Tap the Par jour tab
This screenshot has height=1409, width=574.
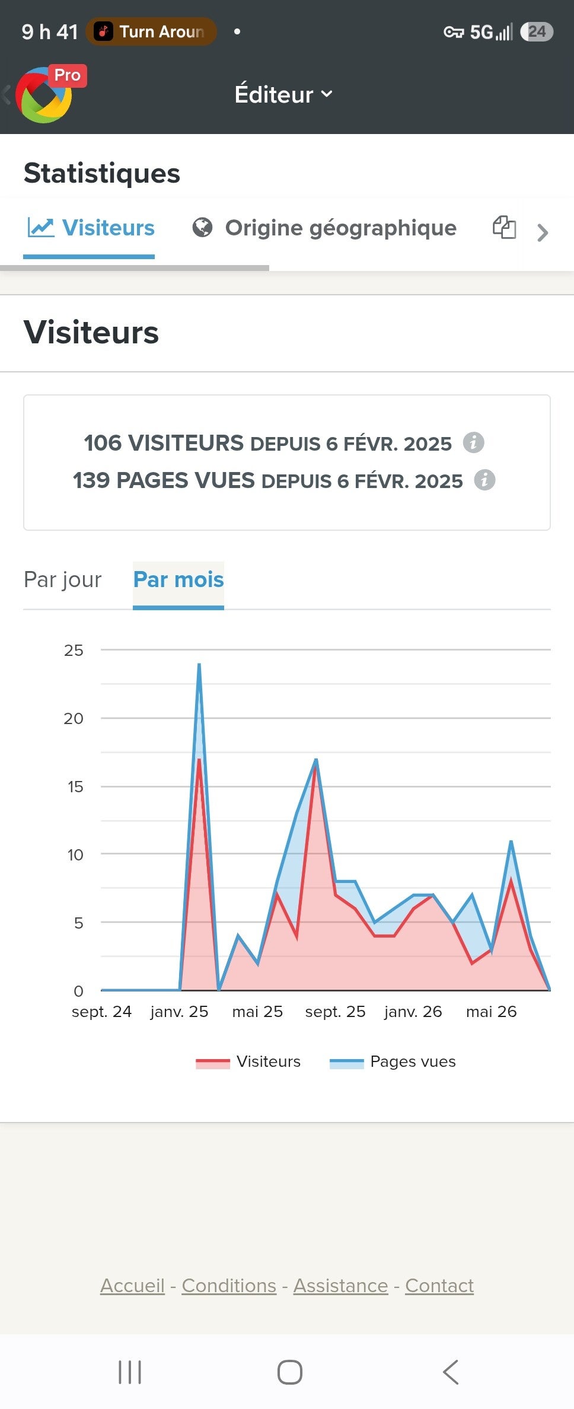coord(63,579)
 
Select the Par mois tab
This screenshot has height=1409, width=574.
coord(178,579)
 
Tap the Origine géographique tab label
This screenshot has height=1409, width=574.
coord(340,228)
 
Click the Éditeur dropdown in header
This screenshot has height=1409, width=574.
coord(283,94)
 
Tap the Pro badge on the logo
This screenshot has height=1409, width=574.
coord(68,75)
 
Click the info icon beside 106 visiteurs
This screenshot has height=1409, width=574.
coord(473,442)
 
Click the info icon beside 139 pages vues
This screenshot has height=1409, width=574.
coord(484,480)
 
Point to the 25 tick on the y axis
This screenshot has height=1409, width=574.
coord(74,651)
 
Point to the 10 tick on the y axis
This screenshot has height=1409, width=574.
coord(75,855)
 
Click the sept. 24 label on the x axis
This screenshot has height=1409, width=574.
coord(101,1012)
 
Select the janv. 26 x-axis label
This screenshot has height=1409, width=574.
coord(413,1012)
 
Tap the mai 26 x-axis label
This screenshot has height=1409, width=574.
coord(492,1012)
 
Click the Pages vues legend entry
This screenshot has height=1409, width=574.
coord(393,1061)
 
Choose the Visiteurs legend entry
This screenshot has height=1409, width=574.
coord(248,1061)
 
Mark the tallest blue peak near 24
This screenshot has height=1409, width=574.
coord(199,664)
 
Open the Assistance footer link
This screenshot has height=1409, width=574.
coord(341,1286)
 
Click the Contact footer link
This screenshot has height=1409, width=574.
coord(439,1286)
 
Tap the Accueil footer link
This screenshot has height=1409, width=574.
coord(132,1286)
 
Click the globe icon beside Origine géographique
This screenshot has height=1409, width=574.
coord(202,228)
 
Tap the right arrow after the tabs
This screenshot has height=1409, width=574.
coord(542,232)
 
